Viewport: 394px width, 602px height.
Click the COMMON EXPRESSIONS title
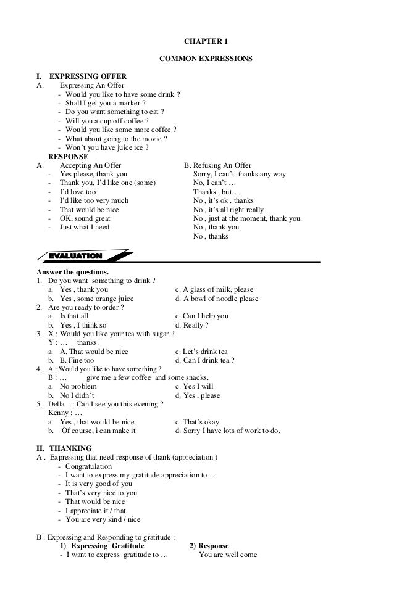click(x=206, y=59)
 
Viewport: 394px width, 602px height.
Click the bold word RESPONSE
click(x=68, y=157)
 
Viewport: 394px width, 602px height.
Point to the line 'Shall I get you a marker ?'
click(x=106, y=103)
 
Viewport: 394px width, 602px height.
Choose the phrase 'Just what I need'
click(x=84, y=228)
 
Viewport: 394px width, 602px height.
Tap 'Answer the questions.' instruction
click(x=72, y=272)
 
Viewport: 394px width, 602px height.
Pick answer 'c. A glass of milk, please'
click(x=214, y=290)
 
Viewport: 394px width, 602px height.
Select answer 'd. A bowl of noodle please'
click(x=217, y=299)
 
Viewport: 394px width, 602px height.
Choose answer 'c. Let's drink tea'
click(x=201, y=352)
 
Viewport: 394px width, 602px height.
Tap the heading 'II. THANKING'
click(x=64, y=448)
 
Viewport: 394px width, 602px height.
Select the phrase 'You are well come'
click(x=222, y=555)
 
